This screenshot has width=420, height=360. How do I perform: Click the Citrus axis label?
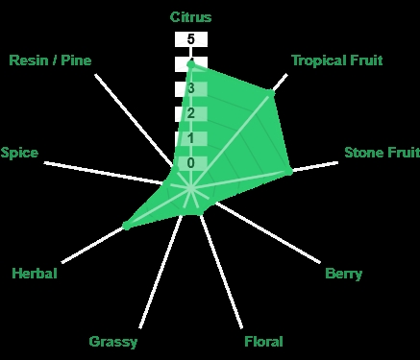click(190, 17)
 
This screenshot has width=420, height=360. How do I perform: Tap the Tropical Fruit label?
click(337, 60)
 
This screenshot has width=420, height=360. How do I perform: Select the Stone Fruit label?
click(382, 153)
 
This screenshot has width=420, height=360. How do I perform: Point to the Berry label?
click(343, 274)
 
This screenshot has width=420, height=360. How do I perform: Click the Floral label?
click(263, 342)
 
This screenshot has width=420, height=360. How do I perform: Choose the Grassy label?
click(113, 342)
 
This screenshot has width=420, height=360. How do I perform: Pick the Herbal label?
click(35, 274)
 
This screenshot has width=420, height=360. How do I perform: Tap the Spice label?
click(19, 153)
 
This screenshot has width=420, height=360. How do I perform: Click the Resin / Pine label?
click(50, 60)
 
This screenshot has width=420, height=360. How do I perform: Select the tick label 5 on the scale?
click(191, 39)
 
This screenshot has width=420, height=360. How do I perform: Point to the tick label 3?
click(191, 88)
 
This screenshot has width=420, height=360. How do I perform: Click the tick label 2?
click(191, 113)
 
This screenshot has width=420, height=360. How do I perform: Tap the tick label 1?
click(191, 138)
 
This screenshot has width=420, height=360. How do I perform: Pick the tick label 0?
click(191, 163)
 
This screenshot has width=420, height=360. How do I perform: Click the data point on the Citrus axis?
click(191, 65)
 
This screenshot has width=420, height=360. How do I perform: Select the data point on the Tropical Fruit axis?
click(271, 93)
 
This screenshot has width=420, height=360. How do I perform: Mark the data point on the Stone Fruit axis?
click(289, 172)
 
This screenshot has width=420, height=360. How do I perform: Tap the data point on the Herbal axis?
click(127, 226)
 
